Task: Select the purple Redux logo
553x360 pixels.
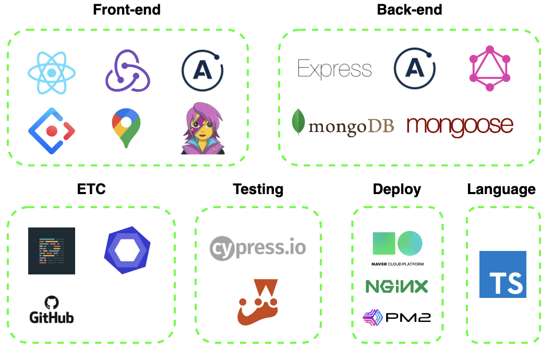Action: coord(127,71)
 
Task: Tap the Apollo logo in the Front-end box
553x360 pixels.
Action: coord(202,71)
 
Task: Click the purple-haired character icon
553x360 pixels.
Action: coord(201,130)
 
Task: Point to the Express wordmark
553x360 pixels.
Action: coord(334,69)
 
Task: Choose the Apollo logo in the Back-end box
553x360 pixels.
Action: coord(414,68)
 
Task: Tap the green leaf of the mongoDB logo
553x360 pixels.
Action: coord(298,123)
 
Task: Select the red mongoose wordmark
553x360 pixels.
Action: coord(460,126)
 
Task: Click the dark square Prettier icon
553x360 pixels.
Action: coord(52,251)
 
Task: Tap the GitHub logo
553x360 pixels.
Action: coord(51,311)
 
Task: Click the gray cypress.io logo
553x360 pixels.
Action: coord(258,248)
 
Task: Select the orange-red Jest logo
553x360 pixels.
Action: coord(257,303)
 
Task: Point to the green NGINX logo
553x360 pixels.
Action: coord(396,286)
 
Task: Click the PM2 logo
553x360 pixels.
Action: coord(396,317)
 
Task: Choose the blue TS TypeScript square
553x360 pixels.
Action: coord(502,274)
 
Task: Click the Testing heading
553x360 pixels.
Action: coord(258,189)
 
